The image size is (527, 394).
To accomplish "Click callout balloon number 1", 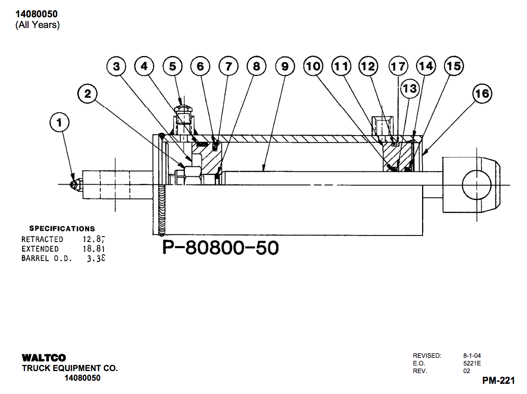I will [x=60, y=122].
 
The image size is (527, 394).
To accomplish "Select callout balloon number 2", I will [x=88, y=94].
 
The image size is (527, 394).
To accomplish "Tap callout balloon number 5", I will [x=173, y=66].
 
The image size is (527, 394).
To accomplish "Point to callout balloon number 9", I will [x=285, y=66].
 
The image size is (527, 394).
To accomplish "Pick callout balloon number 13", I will [x=409, y=89].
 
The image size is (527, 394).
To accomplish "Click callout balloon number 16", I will [x=481, y=94].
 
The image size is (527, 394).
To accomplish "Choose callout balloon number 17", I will [x=398, y=66].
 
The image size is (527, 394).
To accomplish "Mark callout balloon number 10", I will [x=313, y=66].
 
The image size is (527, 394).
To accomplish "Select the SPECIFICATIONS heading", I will [x=62, y=229].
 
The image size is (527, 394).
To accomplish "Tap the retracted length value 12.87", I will [x=94, y=239].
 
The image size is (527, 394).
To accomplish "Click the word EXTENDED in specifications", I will [x=40, y=249].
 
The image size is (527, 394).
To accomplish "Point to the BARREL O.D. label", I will [x=46, y=258].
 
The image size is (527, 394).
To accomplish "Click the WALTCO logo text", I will [x=44, y=358].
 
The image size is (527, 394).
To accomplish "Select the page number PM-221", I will [x=498, y=380].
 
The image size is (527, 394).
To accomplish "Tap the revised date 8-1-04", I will [x=471, y=355].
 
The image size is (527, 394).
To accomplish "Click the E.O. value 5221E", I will [x=472, y=363].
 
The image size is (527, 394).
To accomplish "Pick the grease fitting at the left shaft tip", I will [x=75, y=184].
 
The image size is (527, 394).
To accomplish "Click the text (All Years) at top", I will [x=37, y=24].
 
